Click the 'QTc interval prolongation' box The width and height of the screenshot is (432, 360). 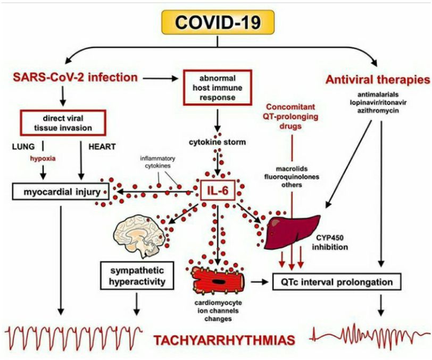coord(339,281)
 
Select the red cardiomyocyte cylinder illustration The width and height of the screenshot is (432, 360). coord(220,280)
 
